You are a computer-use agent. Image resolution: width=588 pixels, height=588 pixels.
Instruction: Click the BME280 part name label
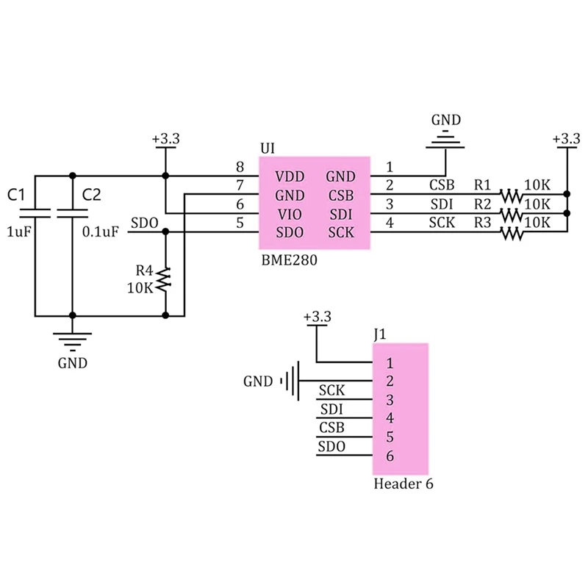click(x=289, y=261)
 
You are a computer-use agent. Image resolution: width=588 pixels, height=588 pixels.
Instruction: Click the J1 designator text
click(x=379, y=334)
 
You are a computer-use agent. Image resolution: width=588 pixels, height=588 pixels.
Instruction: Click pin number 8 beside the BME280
click(x=240, y=168)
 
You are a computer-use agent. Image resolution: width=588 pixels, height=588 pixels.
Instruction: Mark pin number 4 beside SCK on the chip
click(x=390, y=223)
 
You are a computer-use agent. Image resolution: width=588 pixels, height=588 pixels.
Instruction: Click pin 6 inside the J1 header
click(x=390, y=456)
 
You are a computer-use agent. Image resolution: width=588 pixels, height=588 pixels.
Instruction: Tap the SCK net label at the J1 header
click(x=332, y=391)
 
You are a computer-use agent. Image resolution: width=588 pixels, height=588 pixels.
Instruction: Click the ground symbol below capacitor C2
click(x=72, y=340)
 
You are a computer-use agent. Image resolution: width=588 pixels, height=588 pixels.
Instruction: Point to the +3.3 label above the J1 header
click(x=318, y=317)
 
